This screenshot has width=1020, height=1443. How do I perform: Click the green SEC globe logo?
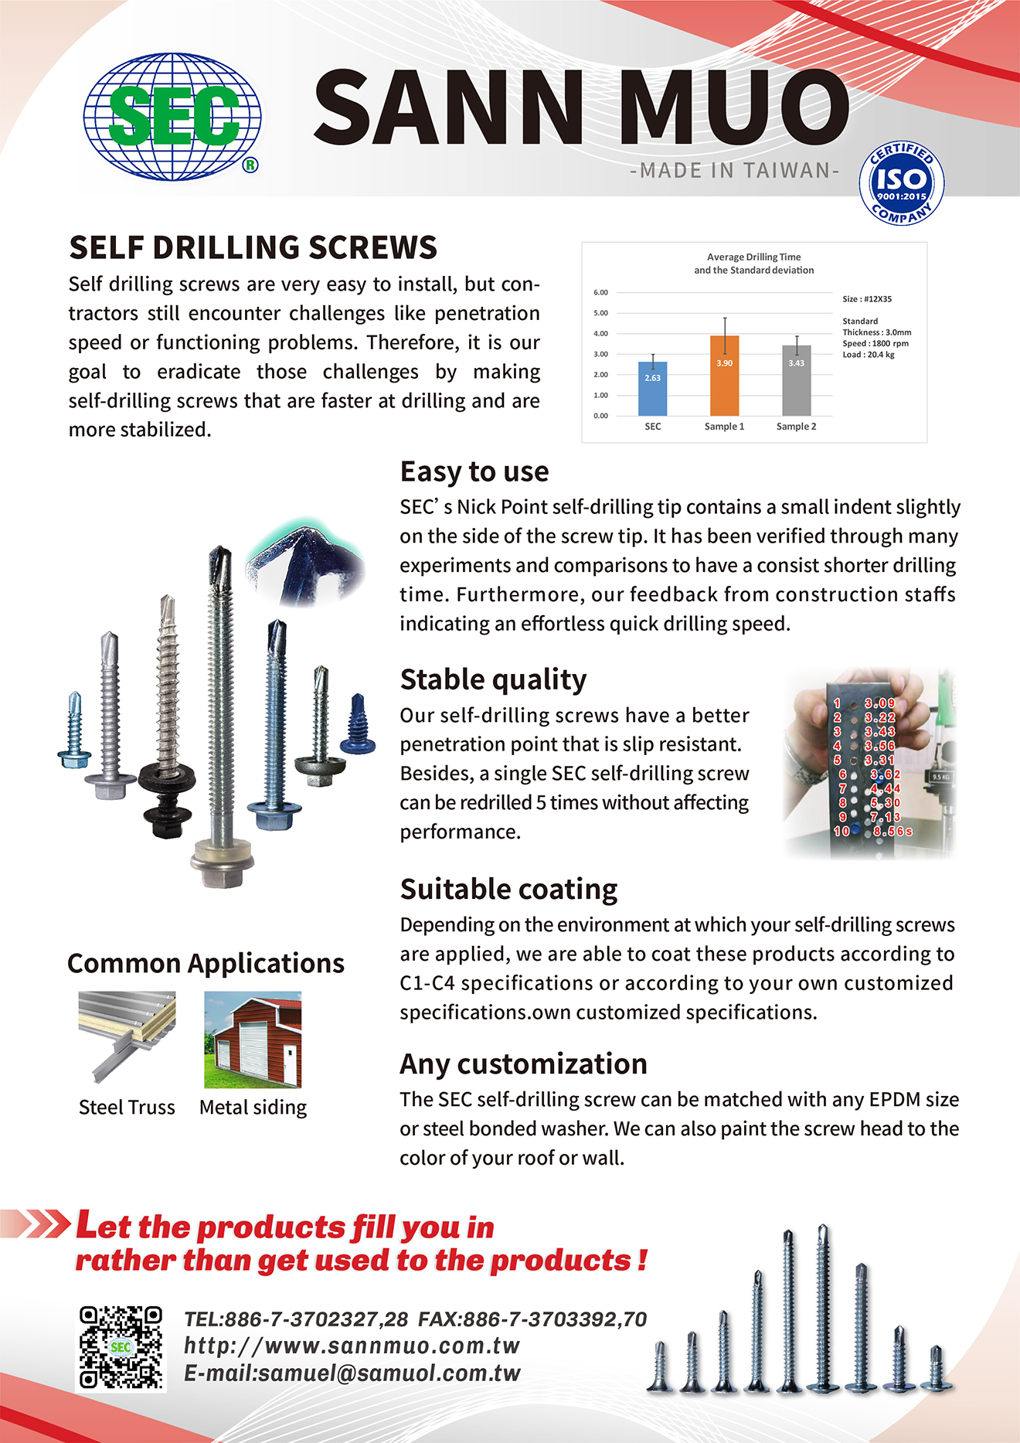172,116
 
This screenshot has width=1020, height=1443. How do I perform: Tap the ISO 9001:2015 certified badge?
901,184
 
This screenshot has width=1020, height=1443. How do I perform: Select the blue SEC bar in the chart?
653,389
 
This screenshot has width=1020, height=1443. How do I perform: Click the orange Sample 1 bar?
724,376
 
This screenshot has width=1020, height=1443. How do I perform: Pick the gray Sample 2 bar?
796,380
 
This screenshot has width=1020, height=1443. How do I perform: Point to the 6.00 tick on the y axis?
600,292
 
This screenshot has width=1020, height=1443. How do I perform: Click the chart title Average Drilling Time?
753,257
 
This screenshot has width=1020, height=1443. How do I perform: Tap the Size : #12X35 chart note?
867,298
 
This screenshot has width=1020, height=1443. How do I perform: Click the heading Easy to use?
474,471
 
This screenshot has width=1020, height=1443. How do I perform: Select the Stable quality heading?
493,679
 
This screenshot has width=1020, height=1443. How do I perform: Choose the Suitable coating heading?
508,889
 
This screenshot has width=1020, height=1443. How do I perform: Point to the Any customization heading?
523,1064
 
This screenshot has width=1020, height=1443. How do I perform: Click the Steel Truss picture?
127,1038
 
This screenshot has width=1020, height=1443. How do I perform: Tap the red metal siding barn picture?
253,1040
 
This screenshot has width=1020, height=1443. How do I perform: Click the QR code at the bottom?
121,1347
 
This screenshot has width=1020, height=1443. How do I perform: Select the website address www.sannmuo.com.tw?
352,1346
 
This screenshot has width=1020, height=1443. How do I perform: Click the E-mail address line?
352,1373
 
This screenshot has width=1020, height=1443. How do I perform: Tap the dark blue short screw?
359,724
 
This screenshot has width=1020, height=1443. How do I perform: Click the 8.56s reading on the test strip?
892,831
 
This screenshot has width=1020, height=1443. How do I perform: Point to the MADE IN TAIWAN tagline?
735,170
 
